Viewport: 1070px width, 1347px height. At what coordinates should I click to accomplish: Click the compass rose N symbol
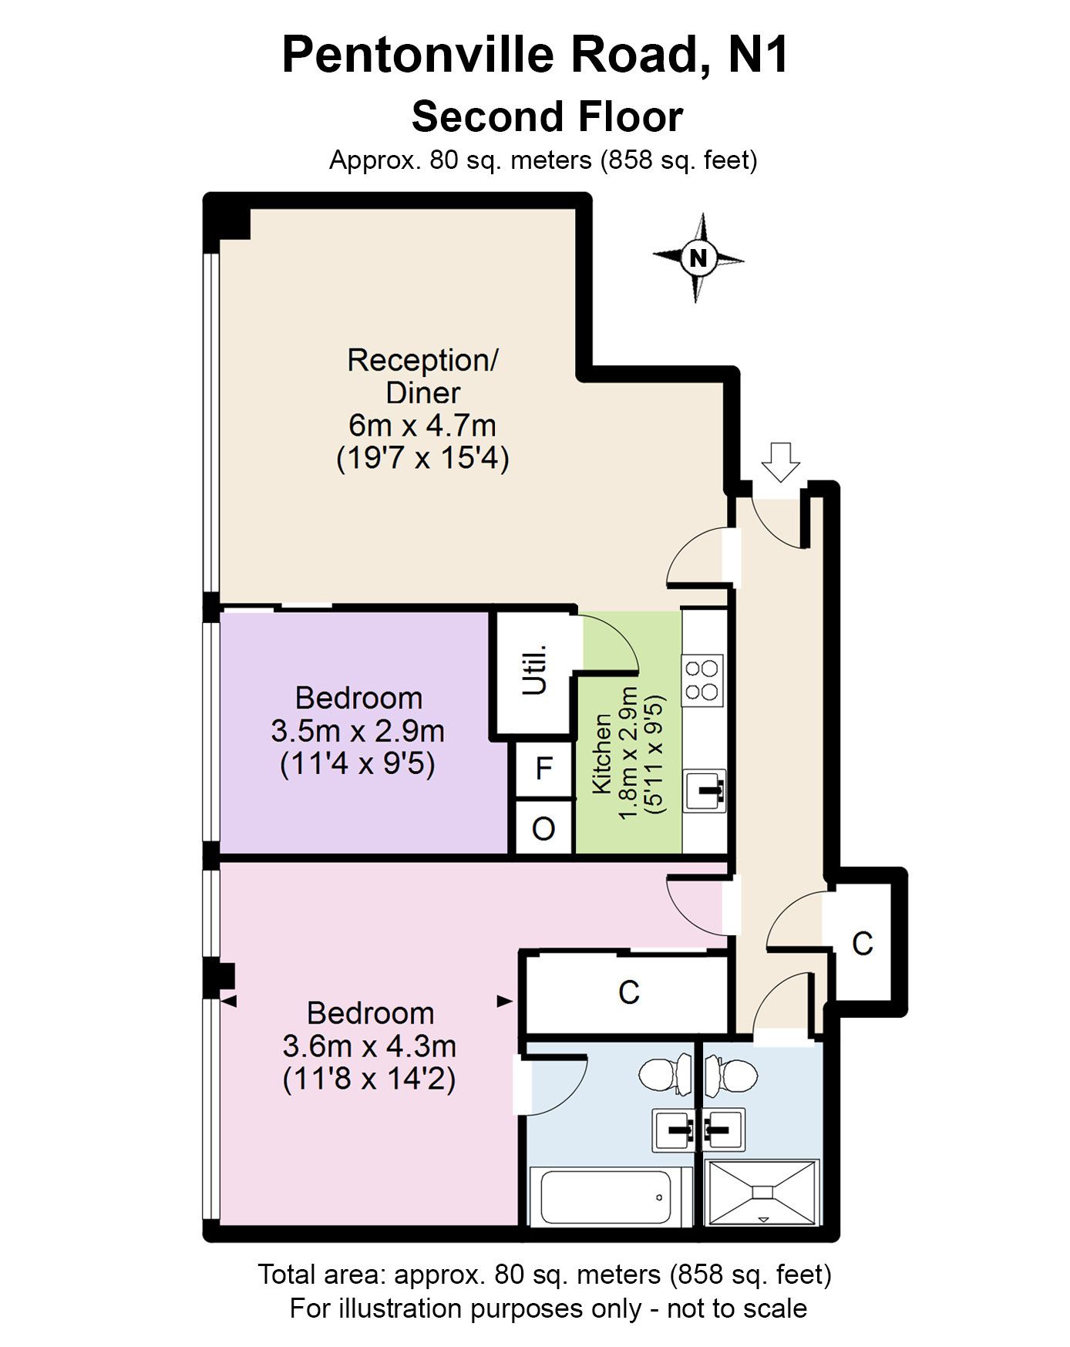click(698, 258)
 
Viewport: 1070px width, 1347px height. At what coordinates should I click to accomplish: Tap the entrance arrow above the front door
click(780, 461)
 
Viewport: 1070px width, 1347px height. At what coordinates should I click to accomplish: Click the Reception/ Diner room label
click(422, 376)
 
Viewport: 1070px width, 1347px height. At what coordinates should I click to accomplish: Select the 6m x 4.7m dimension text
click(422, 425)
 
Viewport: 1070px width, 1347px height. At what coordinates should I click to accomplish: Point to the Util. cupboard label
click(537, 668)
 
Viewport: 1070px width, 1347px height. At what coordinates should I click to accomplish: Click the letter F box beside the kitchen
click(544, 768)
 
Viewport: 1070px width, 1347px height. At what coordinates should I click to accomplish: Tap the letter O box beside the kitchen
click(544, 829)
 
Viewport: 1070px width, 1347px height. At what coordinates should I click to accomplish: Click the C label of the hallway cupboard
click(862, 943)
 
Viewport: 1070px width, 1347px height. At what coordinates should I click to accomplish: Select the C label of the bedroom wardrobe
click(629, 992)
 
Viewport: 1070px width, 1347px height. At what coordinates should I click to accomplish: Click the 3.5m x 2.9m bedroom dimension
click(358, 731)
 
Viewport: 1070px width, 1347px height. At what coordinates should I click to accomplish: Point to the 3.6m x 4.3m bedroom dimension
click(369, 1046)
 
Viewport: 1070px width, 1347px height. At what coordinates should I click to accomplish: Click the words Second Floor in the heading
click(547, 117)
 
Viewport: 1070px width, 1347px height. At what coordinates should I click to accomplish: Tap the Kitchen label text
click(601, 754)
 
